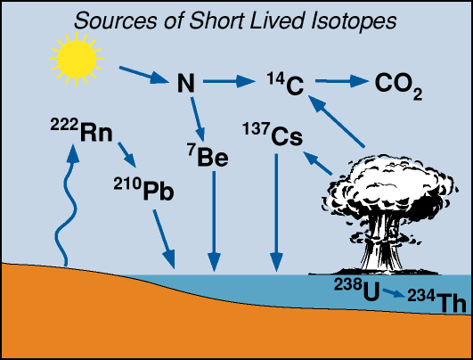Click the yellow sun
(77, 60)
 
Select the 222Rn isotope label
(81, 130)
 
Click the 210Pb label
(144, 189)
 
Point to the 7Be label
(208, 155)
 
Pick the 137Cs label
(273, 134)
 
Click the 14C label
(285, 84)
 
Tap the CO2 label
(398, 86)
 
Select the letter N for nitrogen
(186, 83)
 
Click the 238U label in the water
(357, 289)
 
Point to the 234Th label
(437, 300)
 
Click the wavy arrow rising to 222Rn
(67, 209)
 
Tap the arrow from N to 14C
(229, 81)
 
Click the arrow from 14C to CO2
(342, 81)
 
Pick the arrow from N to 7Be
(198, 119)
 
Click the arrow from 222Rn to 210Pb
(127, 155)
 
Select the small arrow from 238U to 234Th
(394, 292)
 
